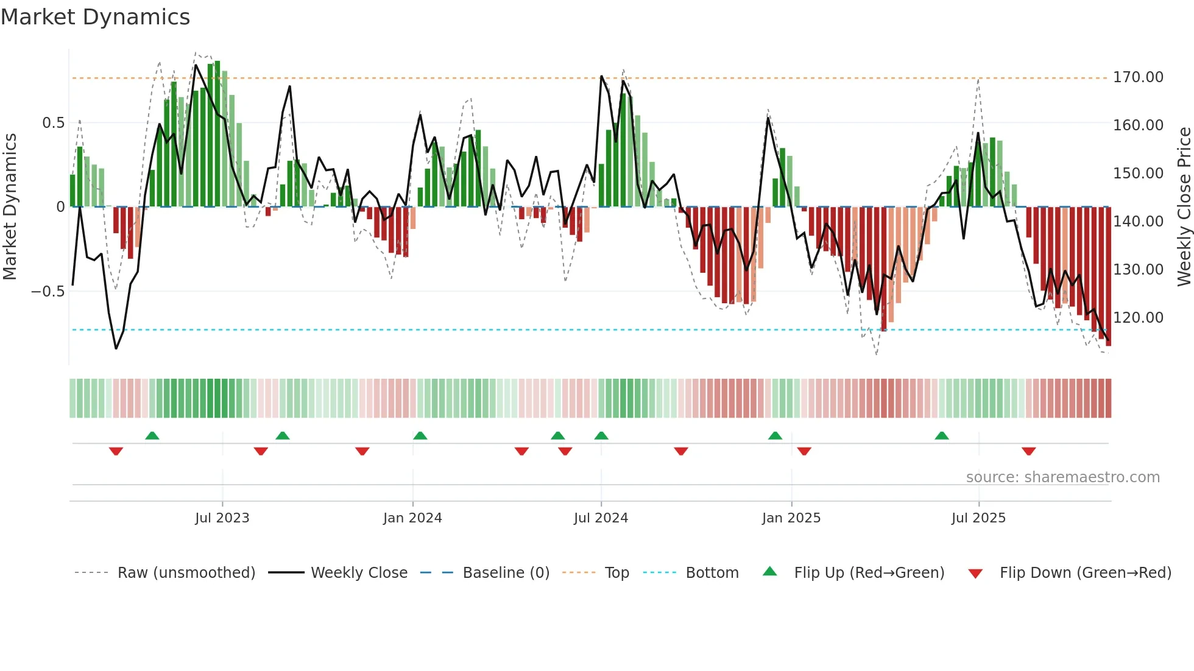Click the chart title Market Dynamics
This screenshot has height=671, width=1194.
tap(95, 17)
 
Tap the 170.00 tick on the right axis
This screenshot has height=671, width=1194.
tap(1138, 77)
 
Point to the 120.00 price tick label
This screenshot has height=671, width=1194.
tap(1138, 317)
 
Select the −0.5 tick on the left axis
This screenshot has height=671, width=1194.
tap(48, 292)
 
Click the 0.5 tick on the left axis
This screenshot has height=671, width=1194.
tap(53, 123)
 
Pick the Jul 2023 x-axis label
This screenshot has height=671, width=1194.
tap(222, 518)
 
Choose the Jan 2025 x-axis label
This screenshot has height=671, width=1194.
tap(791, 518)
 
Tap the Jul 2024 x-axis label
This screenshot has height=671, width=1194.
tap(601, 518)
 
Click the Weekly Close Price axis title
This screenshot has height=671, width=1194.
tap(1184, 206)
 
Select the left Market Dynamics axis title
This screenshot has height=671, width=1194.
tap(10, 206)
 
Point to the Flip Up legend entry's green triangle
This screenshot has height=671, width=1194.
tap(770, 571)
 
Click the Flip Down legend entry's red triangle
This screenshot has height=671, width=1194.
tap(975, 574)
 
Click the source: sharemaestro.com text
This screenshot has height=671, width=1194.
tap(1062, 477)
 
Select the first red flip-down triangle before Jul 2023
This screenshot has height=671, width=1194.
tap(116, 451)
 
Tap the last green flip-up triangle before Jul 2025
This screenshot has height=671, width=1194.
tap(941, 435)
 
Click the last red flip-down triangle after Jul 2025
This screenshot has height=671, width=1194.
tap(1028, 451)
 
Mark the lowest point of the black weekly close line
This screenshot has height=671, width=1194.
tap(116, 348)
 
